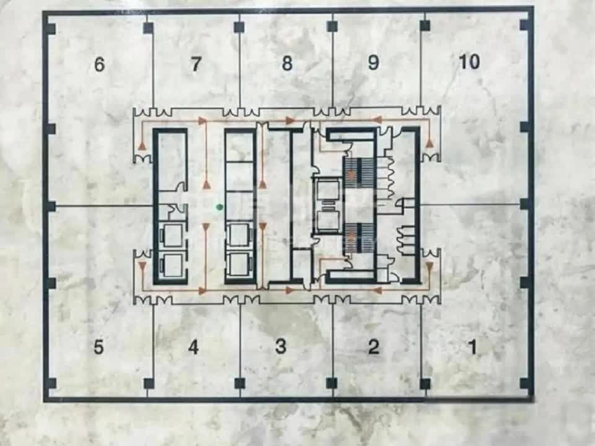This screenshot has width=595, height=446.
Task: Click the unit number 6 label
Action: coord(99,64)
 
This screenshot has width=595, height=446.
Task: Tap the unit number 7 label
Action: coord(195,64)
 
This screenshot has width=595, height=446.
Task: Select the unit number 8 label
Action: coord(287,63)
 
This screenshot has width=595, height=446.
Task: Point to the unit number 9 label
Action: coord(373,62)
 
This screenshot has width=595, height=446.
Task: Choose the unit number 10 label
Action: coord(469,61)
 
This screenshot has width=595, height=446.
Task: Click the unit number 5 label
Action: coord(99,347)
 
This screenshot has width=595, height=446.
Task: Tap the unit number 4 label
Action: coord(193,347)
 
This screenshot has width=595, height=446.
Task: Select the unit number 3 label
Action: coord(280,346)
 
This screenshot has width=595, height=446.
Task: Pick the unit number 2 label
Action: coord(374,347)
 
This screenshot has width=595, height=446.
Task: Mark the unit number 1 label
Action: coord(473,347)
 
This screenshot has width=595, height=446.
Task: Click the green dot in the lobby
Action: coord(219,207)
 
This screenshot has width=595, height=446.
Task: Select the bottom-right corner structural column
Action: coord(525,384)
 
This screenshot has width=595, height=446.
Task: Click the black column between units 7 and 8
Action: coord(239,27)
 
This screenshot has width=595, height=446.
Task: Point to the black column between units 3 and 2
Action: coord(332,383)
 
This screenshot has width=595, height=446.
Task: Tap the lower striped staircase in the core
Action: coord(359,238)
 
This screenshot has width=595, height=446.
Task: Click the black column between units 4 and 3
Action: coord(240,383)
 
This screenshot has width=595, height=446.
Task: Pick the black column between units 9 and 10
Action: coord(425,26)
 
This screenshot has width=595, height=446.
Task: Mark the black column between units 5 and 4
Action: coord(149,384)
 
